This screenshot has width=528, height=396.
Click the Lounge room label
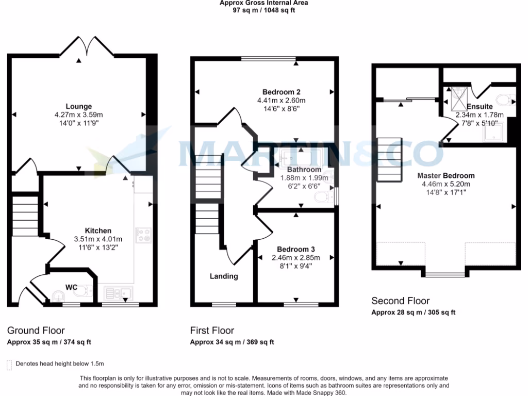coord(79,107)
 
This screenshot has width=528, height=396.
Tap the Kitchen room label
coord(98,230)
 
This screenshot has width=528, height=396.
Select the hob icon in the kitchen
coord(142,235)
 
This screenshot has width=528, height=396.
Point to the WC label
coord(71,286)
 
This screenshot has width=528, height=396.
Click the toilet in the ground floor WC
coord(80,292)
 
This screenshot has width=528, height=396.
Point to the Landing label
coord(224,276)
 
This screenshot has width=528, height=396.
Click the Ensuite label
coord(480,107)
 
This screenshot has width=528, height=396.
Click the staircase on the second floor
coord(389,160)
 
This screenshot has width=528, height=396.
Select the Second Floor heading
coord(400,301)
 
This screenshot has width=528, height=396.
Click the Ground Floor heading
coord(36,331)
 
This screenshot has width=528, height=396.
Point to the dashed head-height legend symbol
coord(9,365)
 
